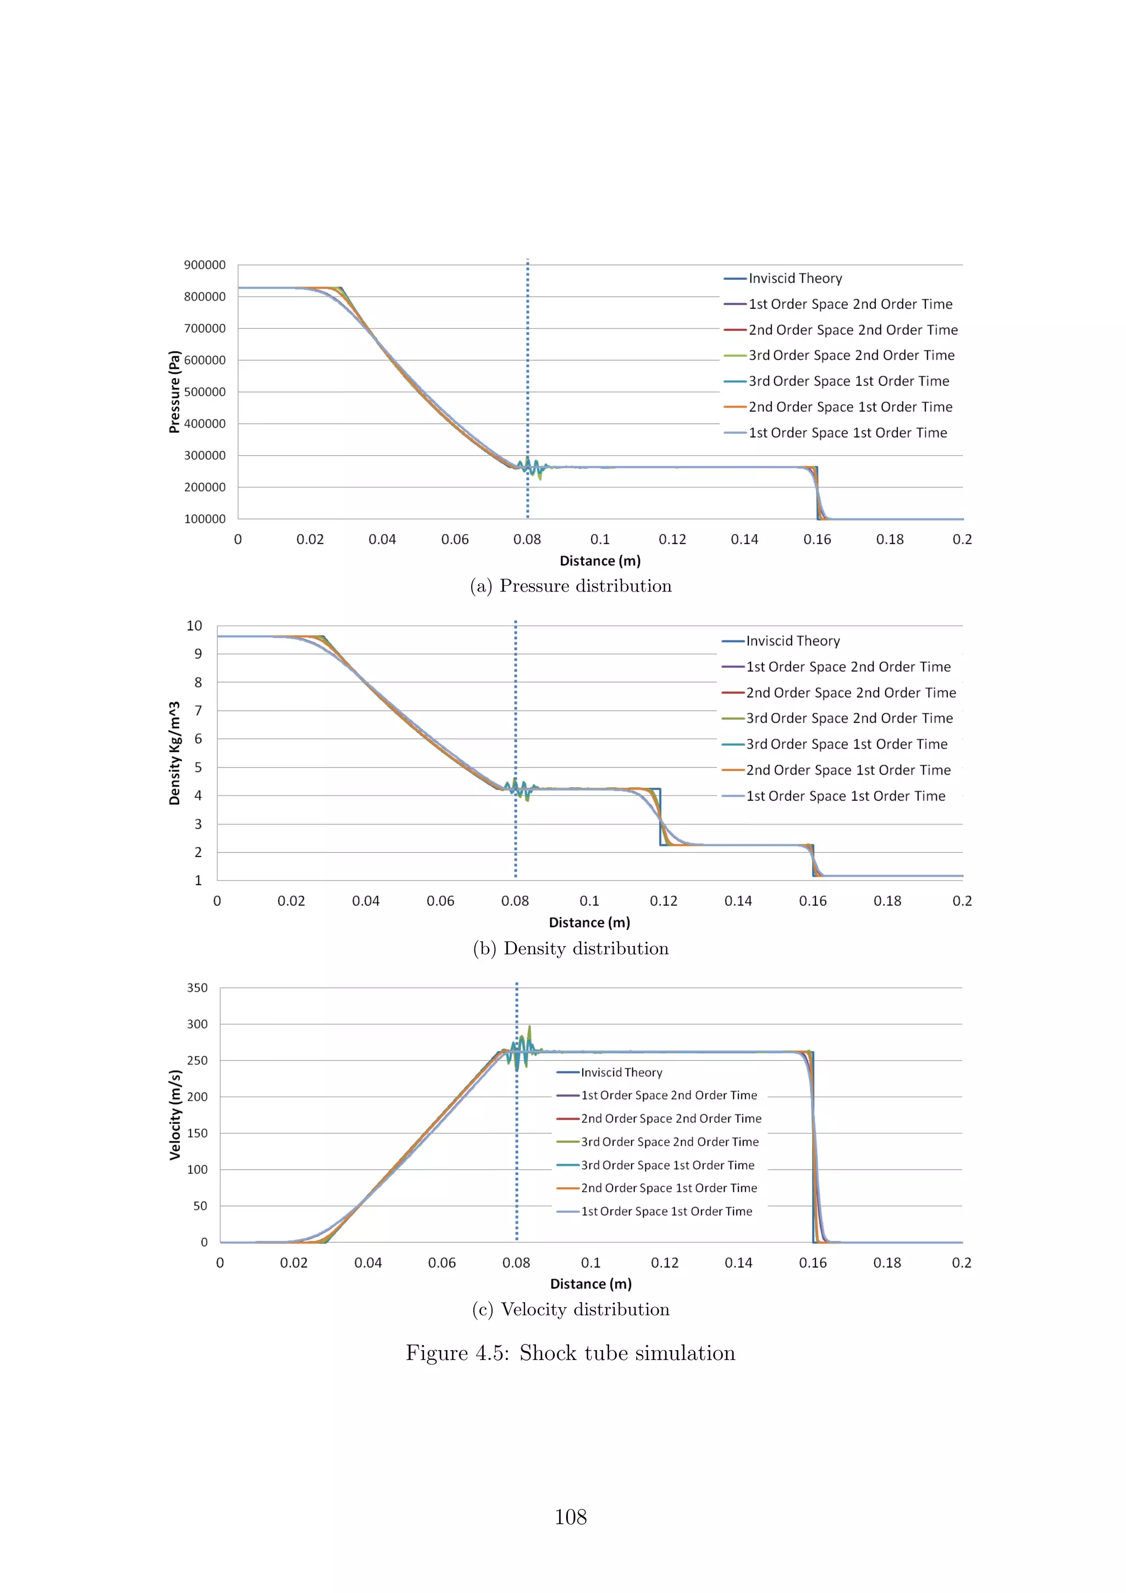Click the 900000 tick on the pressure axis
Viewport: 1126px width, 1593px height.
[204, 265]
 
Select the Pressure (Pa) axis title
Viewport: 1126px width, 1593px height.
[174, 392]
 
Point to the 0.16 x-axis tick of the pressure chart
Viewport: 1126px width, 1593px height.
[816, 539]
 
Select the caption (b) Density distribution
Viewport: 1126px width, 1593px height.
[570, 948]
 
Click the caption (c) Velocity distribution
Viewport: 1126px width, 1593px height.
[570, 1309]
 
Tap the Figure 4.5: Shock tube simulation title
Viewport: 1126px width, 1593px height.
[570, 1353]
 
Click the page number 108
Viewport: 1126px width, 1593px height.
[570, 1517]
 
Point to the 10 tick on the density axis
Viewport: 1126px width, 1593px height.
[194, 626]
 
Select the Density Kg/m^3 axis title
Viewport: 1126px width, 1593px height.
[174, 753]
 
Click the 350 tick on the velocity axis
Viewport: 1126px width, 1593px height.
[197, 987]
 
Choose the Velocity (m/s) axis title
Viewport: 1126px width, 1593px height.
[175, 1115]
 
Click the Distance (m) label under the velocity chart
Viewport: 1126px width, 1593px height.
[590, 1284]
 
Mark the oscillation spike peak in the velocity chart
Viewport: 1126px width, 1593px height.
[529, 1027]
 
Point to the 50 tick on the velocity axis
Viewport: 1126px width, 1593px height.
[200, 1206]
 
